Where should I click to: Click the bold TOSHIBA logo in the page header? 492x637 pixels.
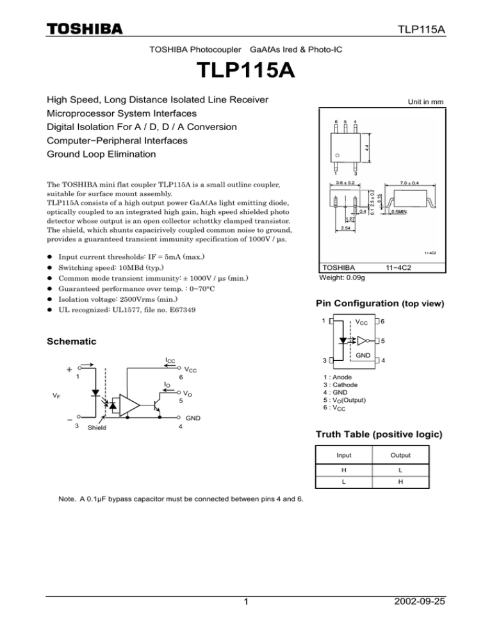tap(85, 29)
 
